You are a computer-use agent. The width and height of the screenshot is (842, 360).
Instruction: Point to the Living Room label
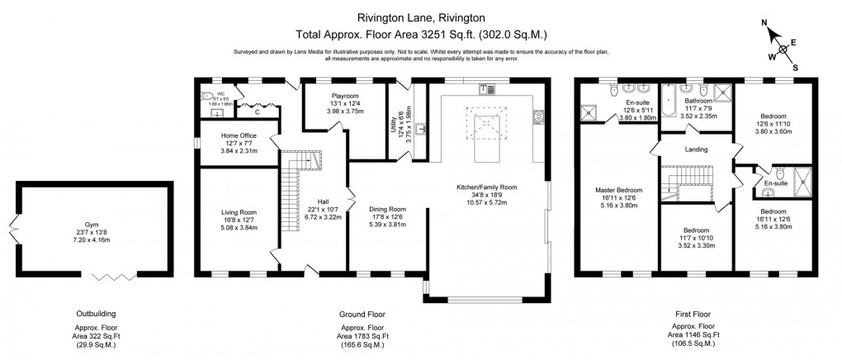coord(239,211)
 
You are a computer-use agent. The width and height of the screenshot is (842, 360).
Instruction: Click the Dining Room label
coord(387,210)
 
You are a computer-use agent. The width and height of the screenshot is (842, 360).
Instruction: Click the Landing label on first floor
coord(694,149)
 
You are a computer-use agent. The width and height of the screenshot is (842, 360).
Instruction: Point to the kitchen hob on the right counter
coord(538,116)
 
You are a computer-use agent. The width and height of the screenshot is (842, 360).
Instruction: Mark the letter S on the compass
coord(795,68)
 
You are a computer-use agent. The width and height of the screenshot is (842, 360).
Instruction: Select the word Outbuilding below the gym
coord(92,314)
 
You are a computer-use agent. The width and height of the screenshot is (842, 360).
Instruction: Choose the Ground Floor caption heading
coord(362,314)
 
